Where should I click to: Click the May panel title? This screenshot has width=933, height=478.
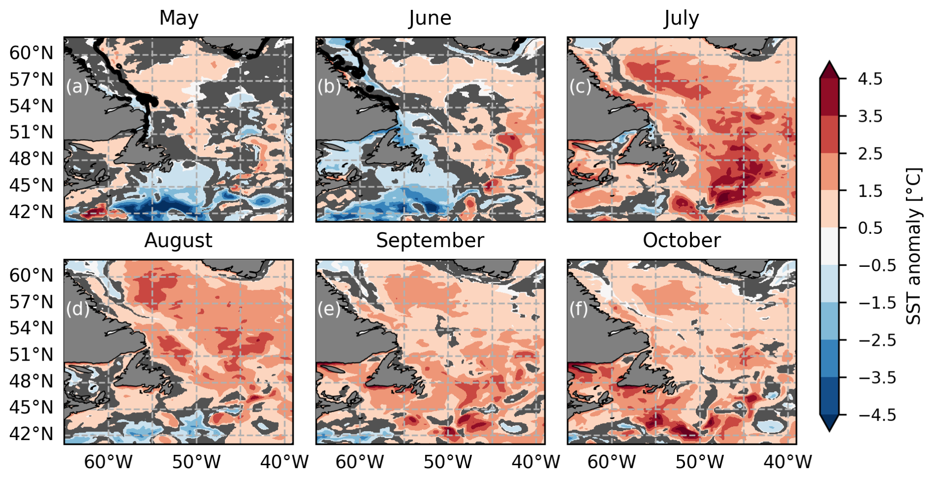click(179, 18)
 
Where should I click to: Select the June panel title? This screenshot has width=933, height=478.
click(430, 18)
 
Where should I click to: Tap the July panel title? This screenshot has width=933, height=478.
click(682, 18)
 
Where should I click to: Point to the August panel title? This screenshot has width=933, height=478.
click(179, 240)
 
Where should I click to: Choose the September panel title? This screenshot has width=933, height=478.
click(430, 240)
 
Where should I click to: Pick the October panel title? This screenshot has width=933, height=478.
click(682, 240)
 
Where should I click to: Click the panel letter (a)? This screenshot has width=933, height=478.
click(77, 86)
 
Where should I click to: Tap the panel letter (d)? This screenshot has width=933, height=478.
click(77, 309)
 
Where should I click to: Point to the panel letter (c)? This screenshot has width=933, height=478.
click(580, 86)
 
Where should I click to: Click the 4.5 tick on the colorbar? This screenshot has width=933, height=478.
click(870, 79)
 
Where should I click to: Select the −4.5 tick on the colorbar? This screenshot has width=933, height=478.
click(877, 415)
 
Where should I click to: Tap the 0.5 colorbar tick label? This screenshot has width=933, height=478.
click(870, 228)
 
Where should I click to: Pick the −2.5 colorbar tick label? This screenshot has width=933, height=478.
click(877, 340)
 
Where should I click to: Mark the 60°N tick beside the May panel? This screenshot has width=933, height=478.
click(32, 53)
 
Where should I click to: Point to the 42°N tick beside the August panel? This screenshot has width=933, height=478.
click(32, 434)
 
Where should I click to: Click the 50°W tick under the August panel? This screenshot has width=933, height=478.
click(196, 462)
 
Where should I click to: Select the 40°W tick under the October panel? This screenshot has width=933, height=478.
click(788, 462)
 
